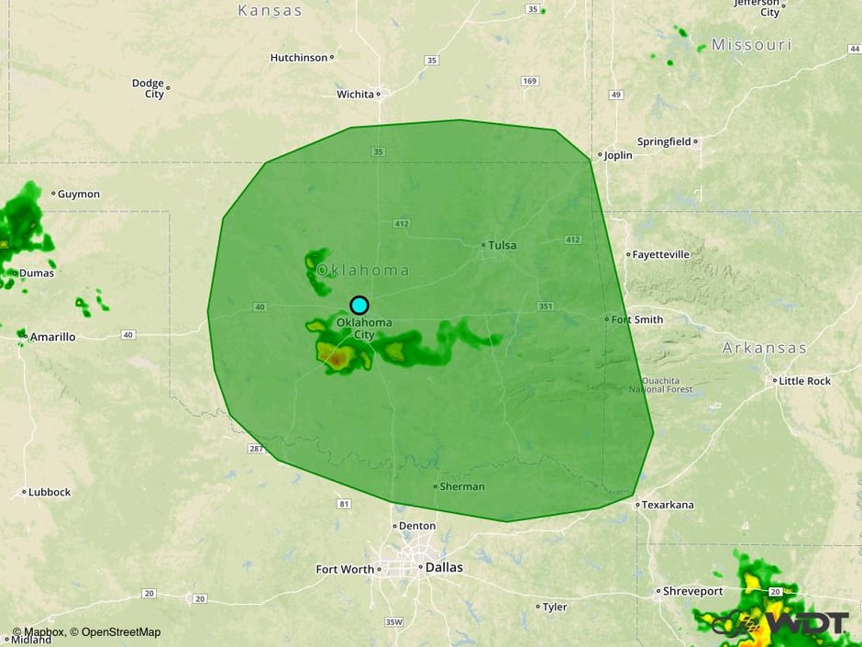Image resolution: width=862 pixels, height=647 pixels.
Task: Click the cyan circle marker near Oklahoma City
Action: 359,306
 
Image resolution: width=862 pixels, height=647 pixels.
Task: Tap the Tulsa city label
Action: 502,245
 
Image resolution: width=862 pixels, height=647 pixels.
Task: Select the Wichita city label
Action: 355,94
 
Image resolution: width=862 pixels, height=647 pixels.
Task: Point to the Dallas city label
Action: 444,567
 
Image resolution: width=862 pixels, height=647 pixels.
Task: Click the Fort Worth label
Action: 345,569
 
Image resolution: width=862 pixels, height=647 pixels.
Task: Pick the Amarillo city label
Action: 52,337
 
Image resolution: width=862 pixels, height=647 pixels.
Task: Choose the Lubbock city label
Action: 50,492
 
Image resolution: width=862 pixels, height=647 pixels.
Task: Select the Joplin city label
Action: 618,155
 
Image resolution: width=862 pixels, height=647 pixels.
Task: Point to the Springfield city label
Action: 664,142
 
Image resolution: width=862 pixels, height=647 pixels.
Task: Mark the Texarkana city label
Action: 669,505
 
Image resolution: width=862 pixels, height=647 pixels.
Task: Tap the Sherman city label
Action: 462,486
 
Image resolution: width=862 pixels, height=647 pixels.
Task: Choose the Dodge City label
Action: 148,88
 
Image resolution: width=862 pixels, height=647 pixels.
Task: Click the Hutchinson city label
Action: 299,57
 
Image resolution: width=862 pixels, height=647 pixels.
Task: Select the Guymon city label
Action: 79,194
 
